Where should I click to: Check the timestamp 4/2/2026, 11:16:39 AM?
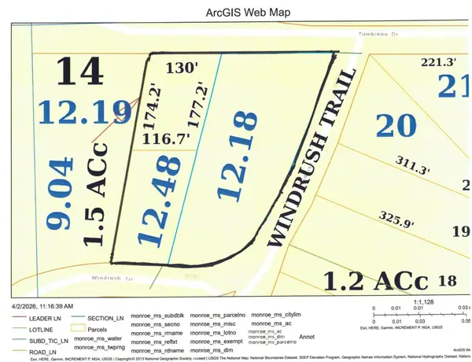[40, 305]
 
